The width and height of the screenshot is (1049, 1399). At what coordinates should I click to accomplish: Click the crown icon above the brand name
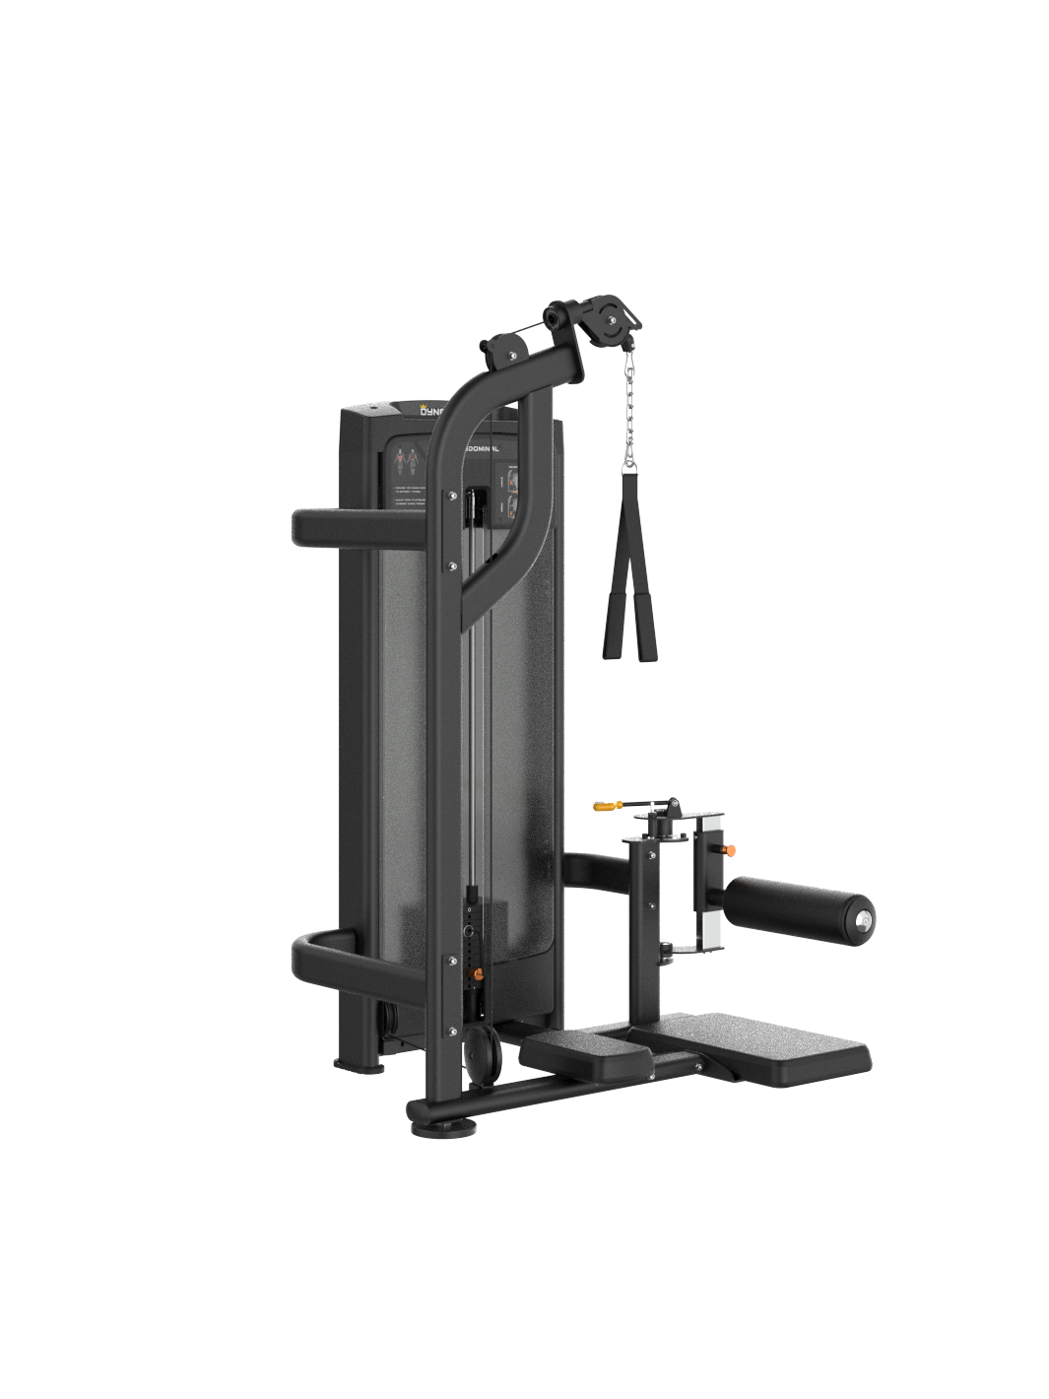point(398,405)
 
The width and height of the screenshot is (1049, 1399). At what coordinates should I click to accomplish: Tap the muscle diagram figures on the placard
point(407,459)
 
